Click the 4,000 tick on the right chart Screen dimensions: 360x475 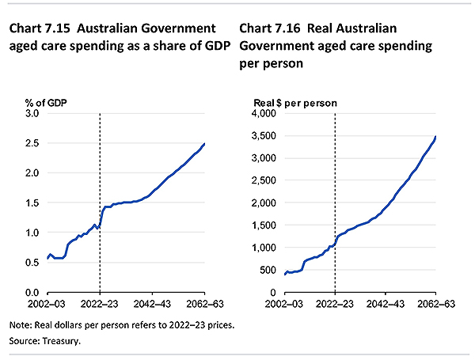[262, 113]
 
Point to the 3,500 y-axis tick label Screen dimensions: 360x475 [262, 136]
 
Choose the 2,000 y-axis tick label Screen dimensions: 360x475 [262, 203]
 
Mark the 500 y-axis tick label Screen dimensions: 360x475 [268, 271]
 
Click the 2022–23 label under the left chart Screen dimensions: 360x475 [100, 303]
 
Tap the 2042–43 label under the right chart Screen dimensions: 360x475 [386, 303]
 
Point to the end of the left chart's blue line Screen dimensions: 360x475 [205, 143]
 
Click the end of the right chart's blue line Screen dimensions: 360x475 [436, 137]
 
